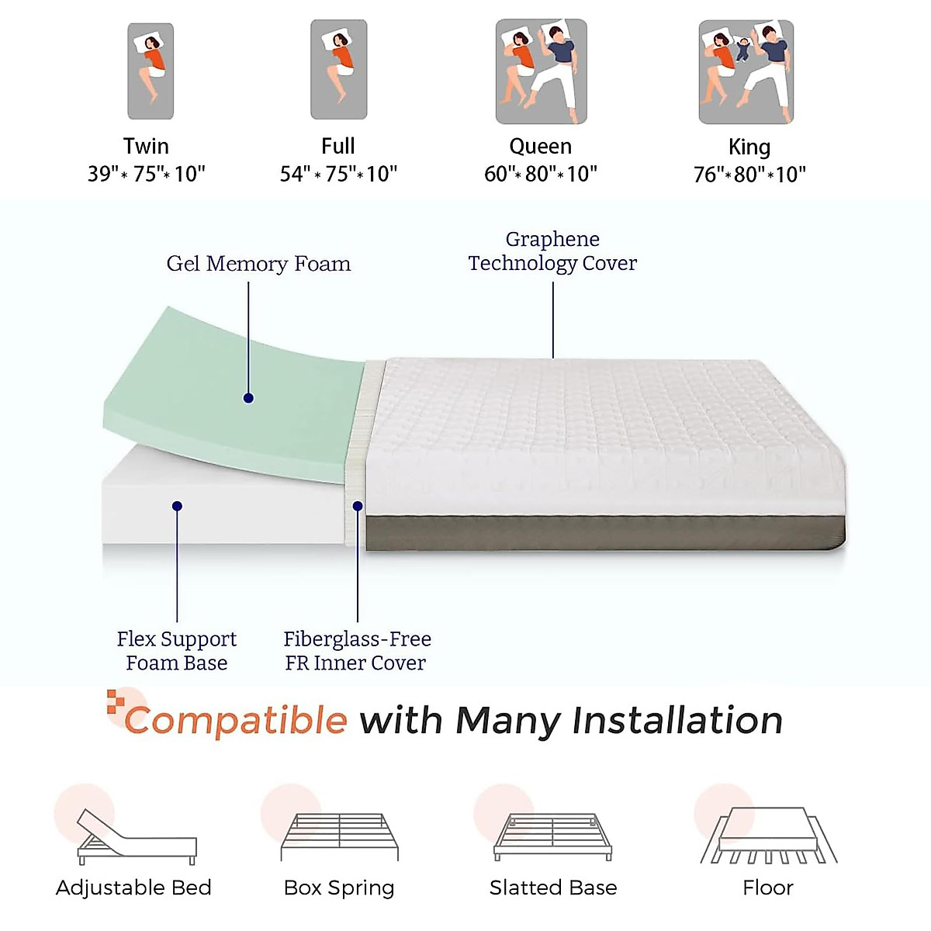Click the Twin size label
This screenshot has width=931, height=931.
coord(146,146)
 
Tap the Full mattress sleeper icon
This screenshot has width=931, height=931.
coord(339,70)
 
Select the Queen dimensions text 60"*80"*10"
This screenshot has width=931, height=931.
coord(541,174)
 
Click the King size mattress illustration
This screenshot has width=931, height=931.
coord(746,72)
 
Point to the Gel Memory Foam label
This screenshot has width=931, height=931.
coord(258,264)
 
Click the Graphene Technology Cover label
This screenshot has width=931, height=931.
coord(552,251)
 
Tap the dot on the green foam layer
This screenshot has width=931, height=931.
coord(248,398)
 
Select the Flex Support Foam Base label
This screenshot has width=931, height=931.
coord(177,650)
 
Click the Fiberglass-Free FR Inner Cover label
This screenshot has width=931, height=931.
coord(357,650)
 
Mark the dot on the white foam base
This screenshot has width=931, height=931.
coord(177,506)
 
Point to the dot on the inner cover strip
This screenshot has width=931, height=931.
coord(358,506)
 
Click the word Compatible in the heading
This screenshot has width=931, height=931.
coord(236,720)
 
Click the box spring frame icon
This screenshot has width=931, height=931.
coord(340,836)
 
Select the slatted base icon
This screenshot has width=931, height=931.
coord(553,836)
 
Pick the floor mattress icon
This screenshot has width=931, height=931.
coord(769,836)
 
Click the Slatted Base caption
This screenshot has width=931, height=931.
coord(553,888)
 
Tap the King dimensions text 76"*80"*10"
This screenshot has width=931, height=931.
coord(749,175)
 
